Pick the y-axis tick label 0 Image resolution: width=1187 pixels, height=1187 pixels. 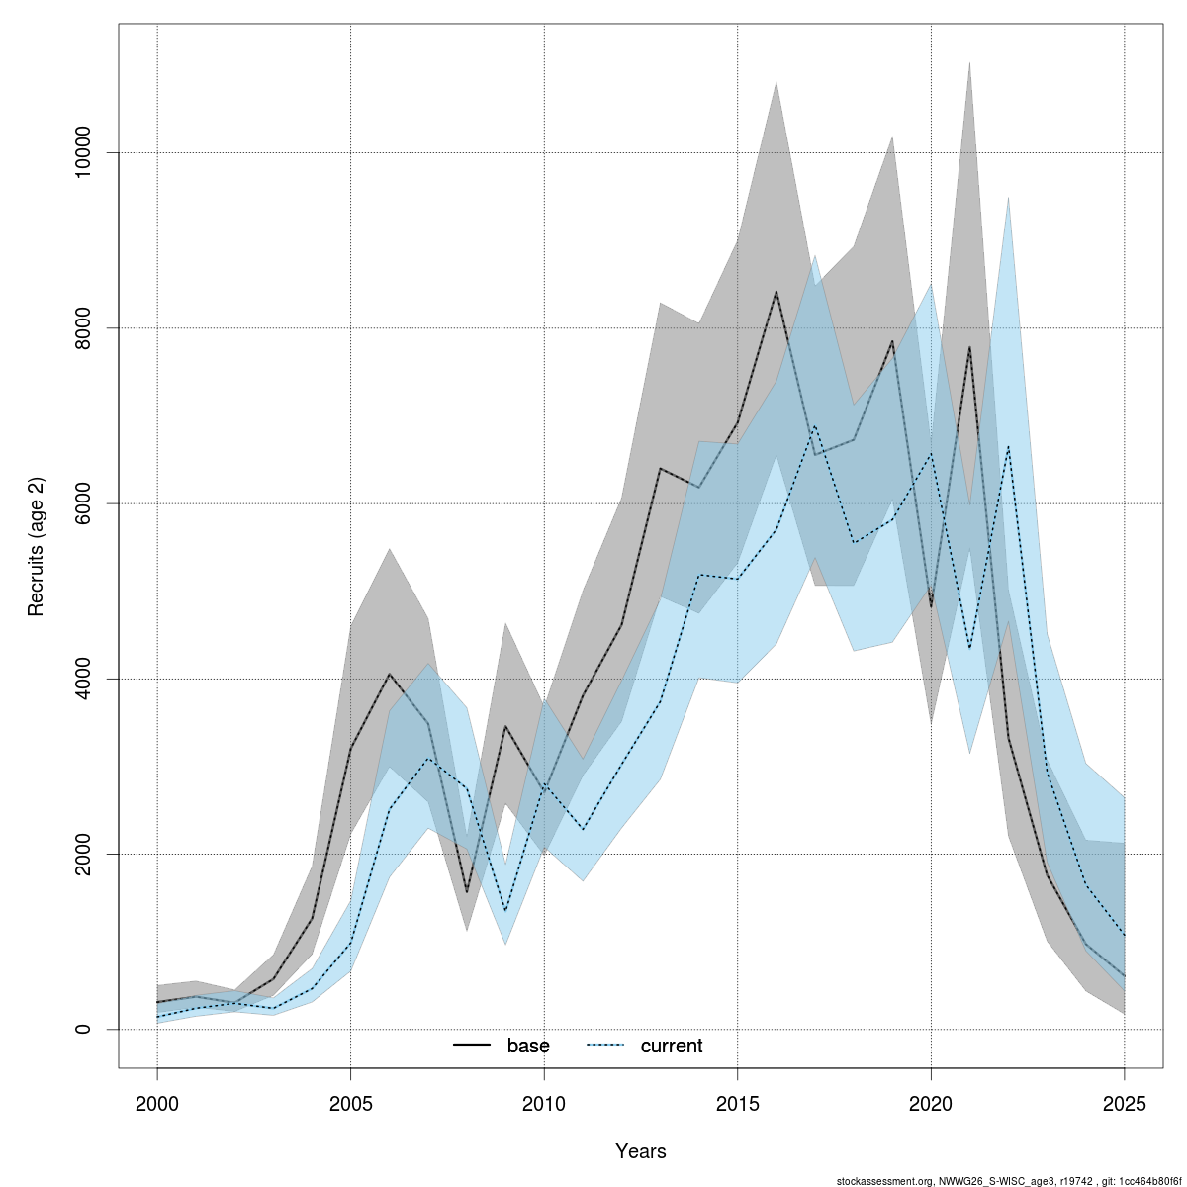coord(83,1029)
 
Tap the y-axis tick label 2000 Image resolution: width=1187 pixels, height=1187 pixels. coord(83,854)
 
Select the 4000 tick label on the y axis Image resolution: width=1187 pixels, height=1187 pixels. coord(83,679)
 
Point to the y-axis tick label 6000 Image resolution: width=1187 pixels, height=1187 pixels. coord(83,503)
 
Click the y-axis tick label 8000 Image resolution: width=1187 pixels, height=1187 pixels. coord(83,328)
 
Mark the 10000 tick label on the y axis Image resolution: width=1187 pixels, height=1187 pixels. coord(83,153)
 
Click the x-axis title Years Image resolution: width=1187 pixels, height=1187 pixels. coord(641,1151)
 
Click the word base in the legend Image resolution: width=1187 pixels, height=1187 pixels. coord(528,1046)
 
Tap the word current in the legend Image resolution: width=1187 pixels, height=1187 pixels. coord(672,1046)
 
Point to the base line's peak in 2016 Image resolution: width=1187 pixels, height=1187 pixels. coord(776,292)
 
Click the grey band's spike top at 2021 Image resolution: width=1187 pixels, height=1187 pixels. coord(969,62)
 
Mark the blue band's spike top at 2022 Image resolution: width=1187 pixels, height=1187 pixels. coord(1008,198)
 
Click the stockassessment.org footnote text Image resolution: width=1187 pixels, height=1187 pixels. coord(1008,1181)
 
